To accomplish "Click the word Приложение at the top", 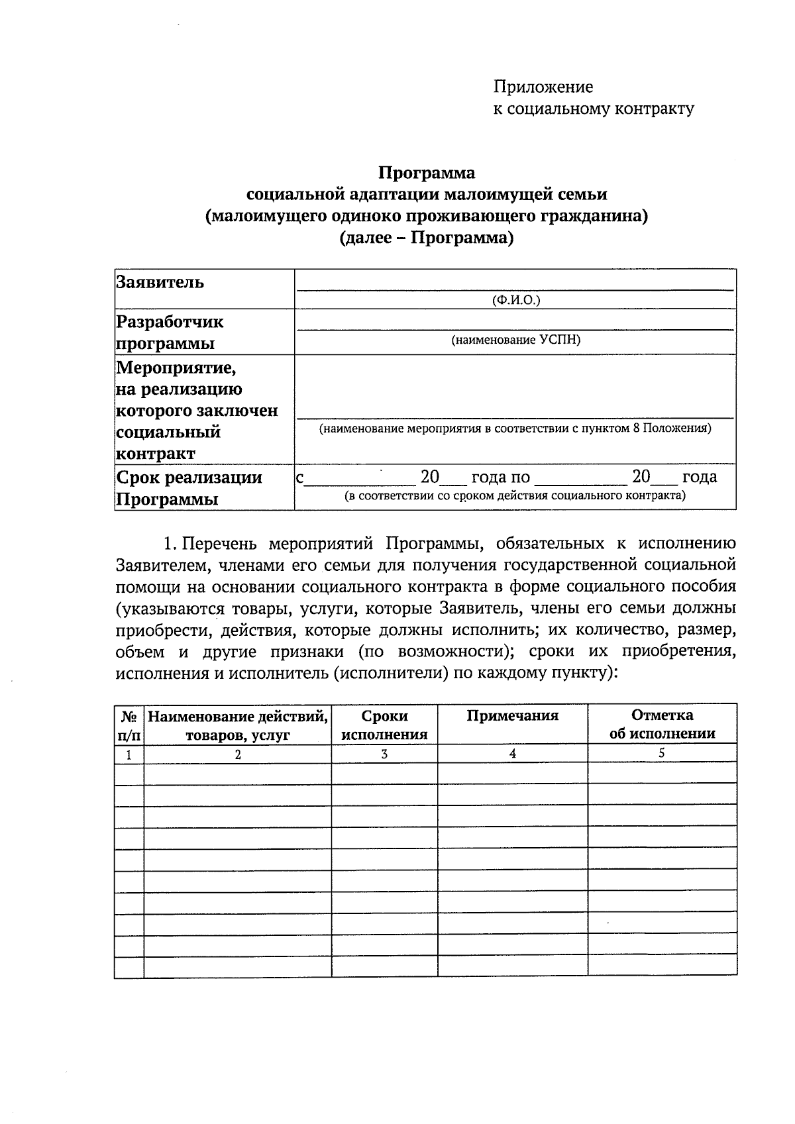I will [543, 87].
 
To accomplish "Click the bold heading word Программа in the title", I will [427, 173].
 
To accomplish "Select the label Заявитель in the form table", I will [160, 282].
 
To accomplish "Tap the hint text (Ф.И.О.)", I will [516, 300].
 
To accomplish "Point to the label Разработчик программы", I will [170, 332].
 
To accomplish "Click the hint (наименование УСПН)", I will [515, 340].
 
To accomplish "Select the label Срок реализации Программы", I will [189, 488].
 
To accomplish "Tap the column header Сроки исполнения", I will [384, 725].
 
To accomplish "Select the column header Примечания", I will [512, 715].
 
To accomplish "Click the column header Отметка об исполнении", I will [662, 724].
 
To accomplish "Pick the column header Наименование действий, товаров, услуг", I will [238, 725].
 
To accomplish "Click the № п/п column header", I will [129, 725].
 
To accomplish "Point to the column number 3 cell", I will [384, 754].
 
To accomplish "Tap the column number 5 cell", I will [662, 753].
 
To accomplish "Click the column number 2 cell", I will [238, 754].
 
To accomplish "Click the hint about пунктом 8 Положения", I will [515, 428].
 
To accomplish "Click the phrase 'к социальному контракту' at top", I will [593, 109].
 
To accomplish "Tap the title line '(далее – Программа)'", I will [427, 238].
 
